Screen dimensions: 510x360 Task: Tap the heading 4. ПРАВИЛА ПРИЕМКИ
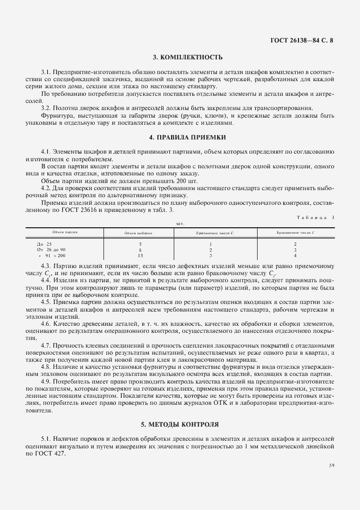coord(179,137)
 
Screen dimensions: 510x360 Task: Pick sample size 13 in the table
coord(140,255)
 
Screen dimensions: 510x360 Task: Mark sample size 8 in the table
coord(140,250)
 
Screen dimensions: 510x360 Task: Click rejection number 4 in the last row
coord(295,255)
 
